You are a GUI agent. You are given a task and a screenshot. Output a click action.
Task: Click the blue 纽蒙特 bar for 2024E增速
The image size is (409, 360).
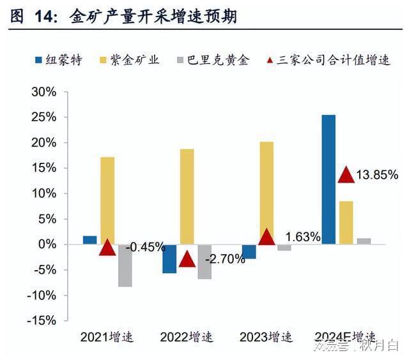tap(328, 179)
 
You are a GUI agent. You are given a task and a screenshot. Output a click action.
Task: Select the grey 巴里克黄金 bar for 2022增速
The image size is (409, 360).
tap(204, 262)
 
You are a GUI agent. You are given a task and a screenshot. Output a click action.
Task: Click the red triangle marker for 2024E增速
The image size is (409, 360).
tap(346, 174)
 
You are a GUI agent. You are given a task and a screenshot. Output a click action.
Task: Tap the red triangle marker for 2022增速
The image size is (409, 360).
tap(187, 259)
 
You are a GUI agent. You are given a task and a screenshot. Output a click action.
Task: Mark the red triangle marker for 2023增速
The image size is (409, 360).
tap(266, 237)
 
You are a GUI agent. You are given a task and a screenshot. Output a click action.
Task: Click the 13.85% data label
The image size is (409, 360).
tap(378, 175)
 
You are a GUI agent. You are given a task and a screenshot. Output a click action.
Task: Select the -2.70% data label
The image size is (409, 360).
tap(225, 259)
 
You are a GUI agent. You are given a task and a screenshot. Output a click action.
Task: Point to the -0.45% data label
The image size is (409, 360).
tap(146, 247)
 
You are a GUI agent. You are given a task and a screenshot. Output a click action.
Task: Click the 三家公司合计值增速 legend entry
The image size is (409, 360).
tap(328, 61)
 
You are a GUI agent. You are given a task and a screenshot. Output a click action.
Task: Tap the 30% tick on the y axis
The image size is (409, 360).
tap(43, 92)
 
